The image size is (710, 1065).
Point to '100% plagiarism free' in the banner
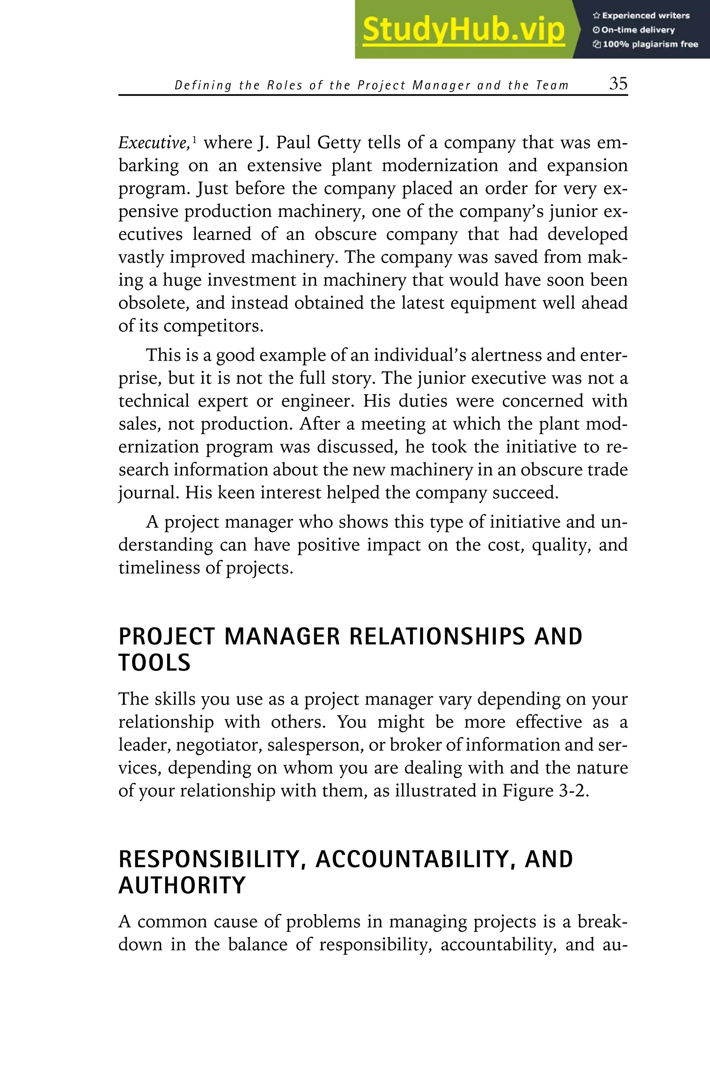pyautogui.click(x=646, y=44)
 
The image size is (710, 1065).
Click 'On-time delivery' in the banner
pyautogui.click(x=634, y=30)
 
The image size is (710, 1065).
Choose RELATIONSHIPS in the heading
pyautogui.click(x=436, y=637)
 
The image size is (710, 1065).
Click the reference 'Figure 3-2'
pyautogui.click(x=545, y=790)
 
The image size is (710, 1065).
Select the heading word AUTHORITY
pyautogui.click(x=182, y=886)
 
